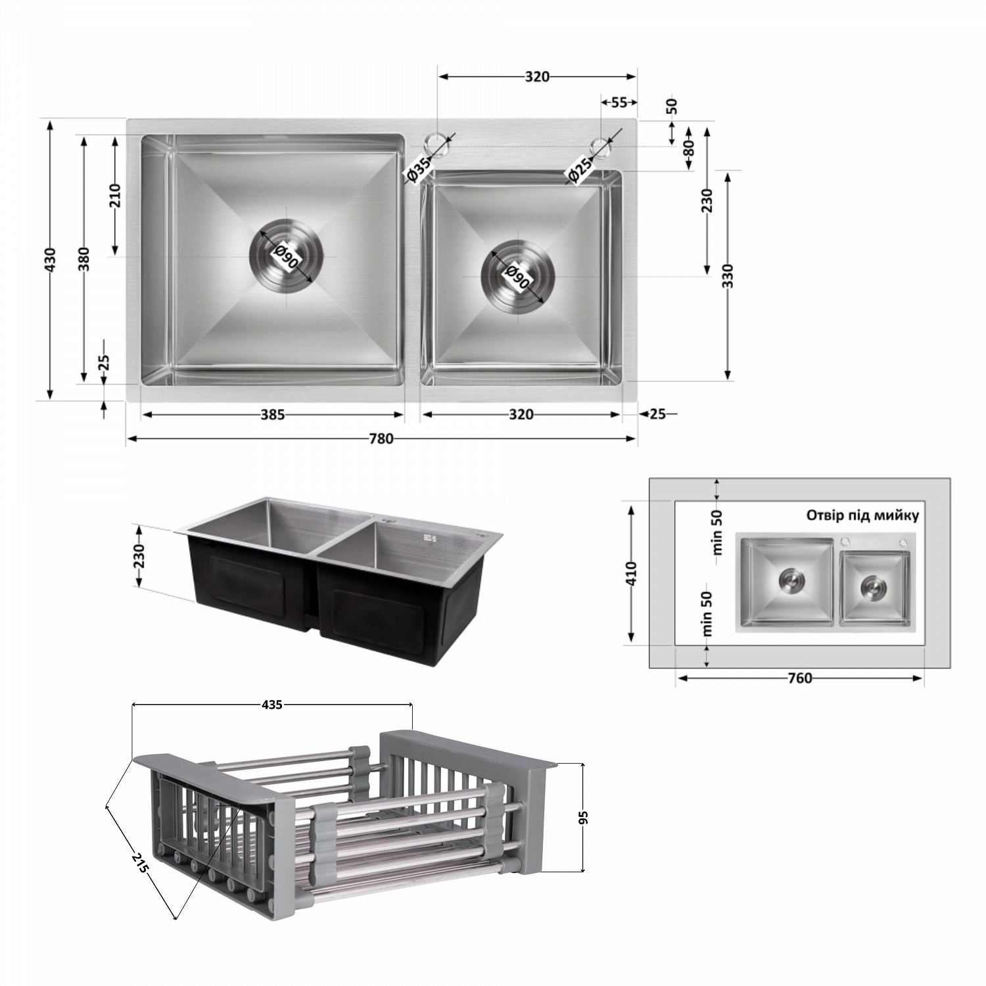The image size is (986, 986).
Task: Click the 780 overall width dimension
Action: coord(381,438)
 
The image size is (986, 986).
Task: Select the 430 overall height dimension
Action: coord(50,260)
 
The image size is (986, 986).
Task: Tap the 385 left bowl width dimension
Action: coord(273,415)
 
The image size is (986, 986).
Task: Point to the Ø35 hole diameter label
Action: coord(418,169)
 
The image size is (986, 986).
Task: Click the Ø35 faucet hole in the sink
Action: coord(434,141)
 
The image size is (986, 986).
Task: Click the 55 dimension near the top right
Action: coord(619,103)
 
